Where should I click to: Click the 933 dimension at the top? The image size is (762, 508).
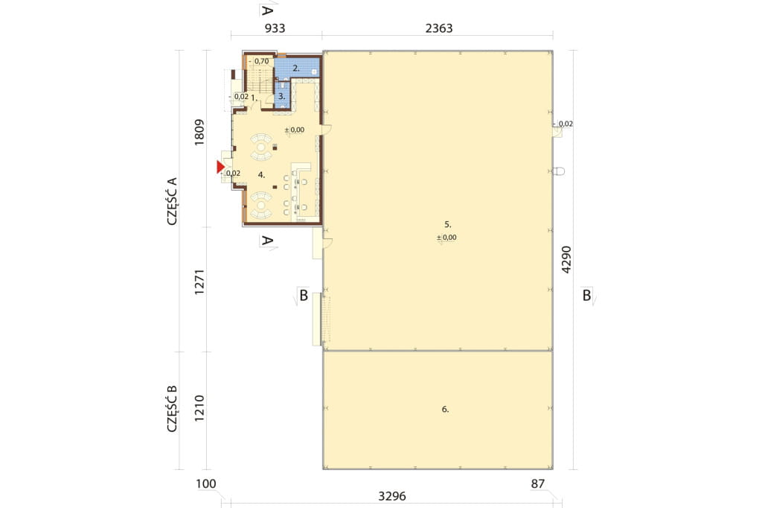[275, 28]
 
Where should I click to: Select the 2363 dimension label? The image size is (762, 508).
[439, 28]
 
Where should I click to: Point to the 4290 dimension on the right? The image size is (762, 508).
[566, 260]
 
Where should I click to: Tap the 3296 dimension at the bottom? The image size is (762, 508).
[391, 496]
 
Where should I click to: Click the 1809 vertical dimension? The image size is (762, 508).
[199, 133]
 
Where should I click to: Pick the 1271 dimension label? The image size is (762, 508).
[199, 282]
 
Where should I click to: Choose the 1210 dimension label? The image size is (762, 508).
[199, 408]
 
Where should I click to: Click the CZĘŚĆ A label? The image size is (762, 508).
[172, 201]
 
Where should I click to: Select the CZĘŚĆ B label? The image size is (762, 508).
[172, 409]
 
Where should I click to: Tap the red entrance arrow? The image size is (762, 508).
[220, 167]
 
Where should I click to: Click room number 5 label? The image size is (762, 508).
[447, 224]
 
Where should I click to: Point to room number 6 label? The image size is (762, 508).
[445, 410]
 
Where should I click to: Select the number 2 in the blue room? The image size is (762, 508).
[295, 69]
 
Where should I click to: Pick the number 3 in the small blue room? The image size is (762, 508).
[281, 96]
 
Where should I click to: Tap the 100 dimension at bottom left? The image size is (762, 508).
[206, 483]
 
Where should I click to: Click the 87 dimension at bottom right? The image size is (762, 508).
[537, 483]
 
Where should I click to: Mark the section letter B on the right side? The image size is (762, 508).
[586, 296]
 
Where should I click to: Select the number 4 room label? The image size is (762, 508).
[261, 175]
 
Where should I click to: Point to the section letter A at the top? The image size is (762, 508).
[267, 10]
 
